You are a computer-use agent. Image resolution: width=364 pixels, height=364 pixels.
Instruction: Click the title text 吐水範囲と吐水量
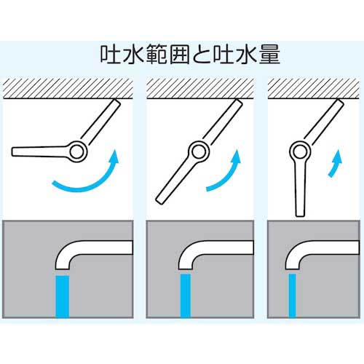[182, 55]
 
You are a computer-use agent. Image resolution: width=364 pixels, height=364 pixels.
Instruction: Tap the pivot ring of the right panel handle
[299, 151]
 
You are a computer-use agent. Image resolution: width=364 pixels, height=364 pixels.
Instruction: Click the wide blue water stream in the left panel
[62, 295]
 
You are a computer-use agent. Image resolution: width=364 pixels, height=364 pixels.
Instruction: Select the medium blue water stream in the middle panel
[186, 295]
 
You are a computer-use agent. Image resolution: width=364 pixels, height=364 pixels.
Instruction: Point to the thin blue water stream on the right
[293, 295]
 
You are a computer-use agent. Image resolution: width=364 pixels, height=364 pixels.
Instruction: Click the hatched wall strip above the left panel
[69, 87]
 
